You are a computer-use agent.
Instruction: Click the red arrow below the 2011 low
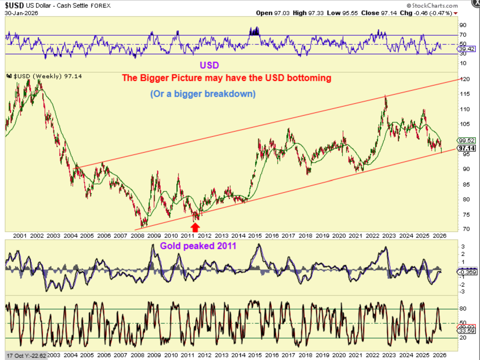(x=195, y=227)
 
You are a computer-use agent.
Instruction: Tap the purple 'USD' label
(x=209, y=65)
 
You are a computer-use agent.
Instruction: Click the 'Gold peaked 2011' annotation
(x=198, y=246)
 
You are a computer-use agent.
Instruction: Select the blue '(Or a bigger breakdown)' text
(x=203, y=94)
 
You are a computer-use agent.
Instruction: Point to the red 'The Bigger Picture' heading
(x=227, y=78)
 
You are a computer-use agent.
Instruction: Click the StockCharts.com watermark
(x=432, y=5)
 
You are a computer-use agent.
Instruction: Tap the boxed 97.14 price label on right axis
(x=467, y=148)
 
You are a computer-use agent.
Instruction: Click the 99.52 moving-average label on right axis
(x=467, y=140)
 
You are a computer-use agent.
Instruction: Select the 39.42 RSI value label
(x=467, y=49)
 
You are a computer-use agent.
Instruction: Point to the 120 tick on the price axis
(x=465, y=79)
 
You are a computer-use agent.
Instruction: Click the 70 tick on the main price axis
(x=466, y=229)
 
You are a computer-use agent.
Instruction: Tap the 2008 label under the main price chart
(x=138, y=236)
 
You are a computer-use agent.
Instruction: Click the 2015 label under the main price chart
(x=255, y=236)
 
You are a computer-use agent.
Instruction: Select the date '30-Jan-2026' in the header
(x=21, y=13)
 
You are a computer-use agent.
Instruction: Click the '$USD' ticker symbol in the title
(x=14, y=5)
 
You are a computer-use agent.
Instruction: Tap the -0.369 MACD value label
(x=467, y=272)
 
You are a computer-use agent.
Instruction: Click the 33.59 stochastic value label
(x=467, y=331)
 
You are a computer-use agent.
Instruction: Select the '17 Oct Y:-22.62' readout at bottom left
(x=26, y=356)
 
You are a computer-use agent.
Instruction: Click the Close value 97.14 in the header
(x=389, y=13)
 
